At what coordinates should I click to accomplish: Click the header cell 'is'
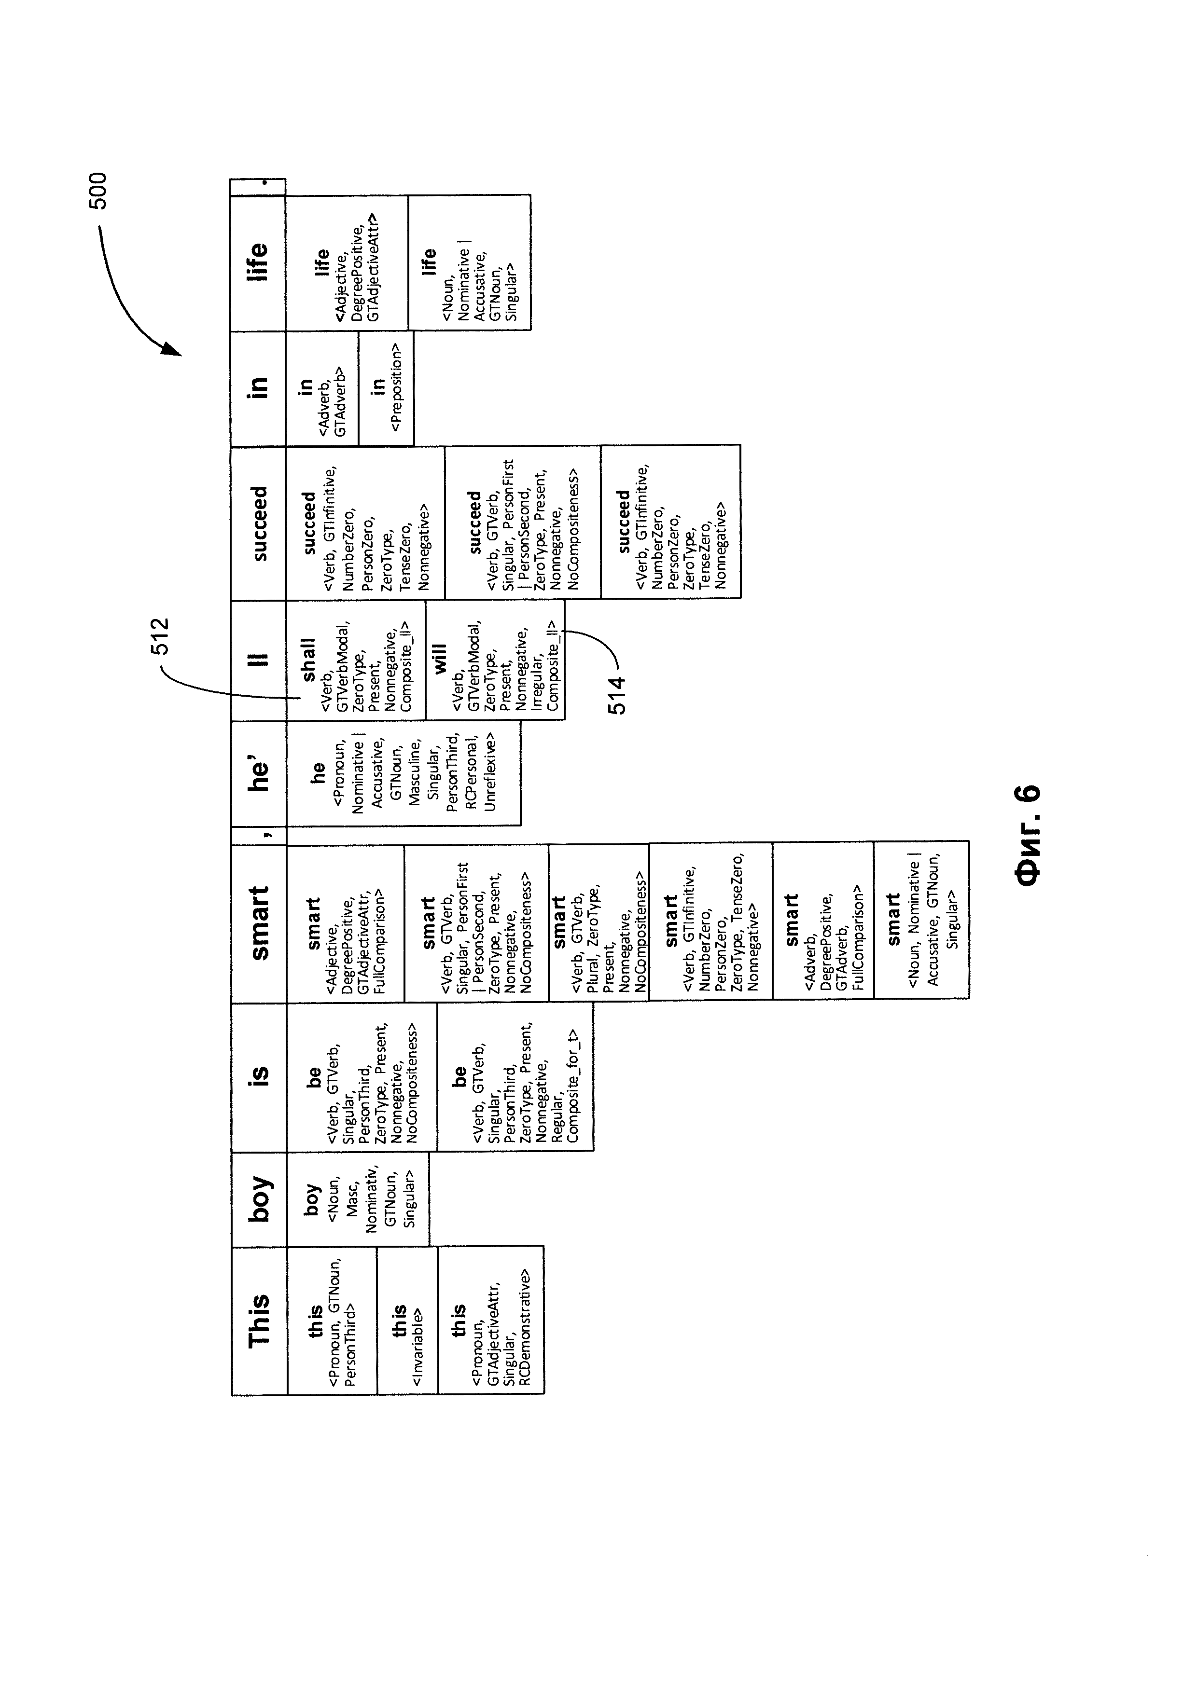point(259,1077)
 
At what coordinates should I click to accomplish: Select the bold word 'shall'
point(308,660)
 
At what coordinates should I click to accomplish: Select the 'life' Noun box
point(469,262)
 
